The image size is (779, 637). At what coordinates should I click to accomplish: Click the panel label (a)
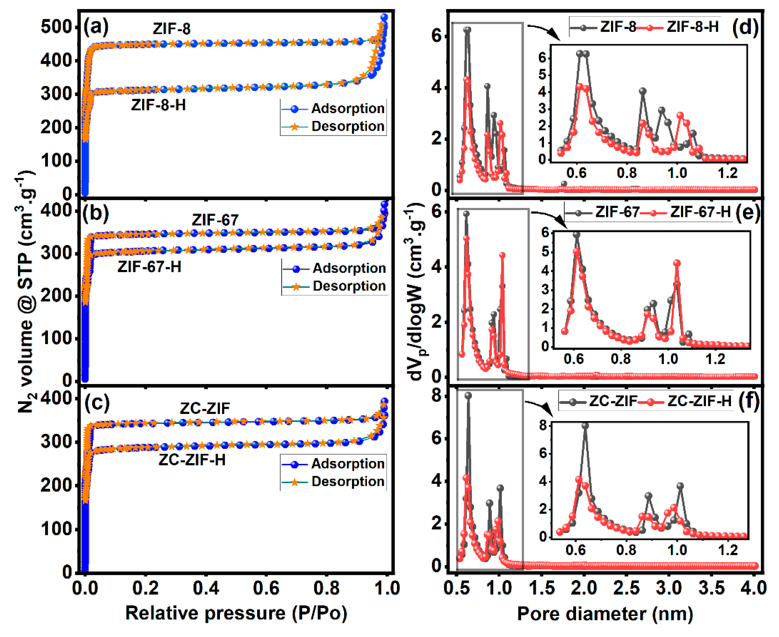tap(96, 27)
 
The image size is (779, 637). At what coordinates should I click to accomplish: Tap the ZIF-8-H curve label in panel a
tap(158, 105)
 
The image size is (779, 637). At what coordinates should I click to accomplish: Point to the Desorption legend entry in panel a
tap(347, 127)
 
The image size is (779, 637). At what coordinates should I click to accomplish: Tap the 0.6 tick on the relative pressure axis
tap(266, 588)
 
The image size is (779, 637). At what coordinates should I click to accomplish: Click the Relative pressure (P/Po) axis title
tap(236, 613)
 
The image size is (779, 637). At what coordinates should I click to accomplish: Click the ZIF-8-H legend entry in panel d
tap(692, 27)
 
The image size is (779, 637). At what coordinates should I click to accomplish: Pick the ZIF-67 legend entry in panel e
tap(617, 212)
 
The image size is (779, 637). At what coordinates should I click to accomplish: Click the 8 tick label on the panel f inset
tap(543, 425)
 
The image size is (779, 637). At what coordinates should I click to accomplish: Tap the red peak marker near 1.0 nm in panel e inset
tap(677, 263)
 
